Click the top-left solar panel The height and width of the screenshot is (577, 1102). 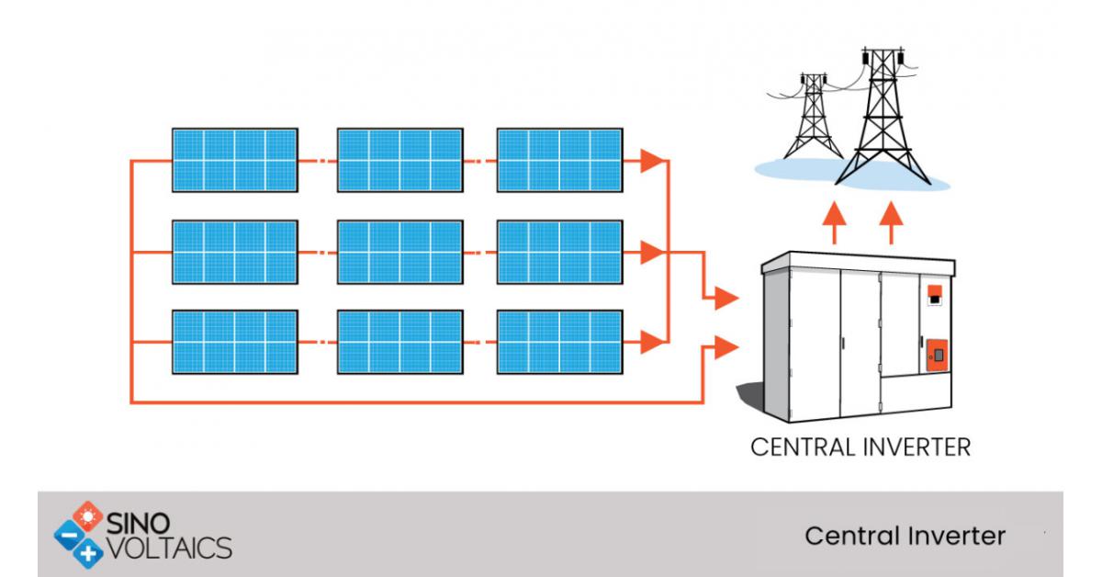pyautogui.click(x=234, y=160)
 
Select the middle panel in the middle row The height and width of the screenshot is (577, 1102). pyautogui.click(x=399, y=251)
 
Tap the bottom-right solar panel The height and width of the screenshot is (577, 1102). pyautogui.click(x=559, y=342)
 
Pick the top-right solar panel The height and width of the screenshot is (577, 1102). pyautogui.click(x=559, y=160)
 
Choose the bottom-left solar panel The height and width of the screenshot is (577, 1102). pyautogui.click(x=234, y=342)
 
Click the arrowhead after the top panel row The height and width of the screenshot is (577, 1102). pyautogui.click(x=652, y=161)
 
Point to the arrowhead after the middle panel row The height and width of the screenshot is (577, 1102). pyautogui.click(x=652, y=251)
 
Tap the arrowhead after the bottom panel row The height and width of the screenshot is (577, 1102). pyautogui.click(x=652, y=342)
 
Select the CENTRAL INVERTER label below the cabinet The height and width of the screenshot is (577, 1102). pyautogui.click(x=860, y=448)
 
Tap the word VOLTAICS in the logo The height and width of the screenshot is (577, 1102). pyautogui.click(x=171, y=548)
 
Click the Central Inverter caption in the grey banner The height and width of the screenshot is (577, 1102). pyautogui.click(x=905, y=536)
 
